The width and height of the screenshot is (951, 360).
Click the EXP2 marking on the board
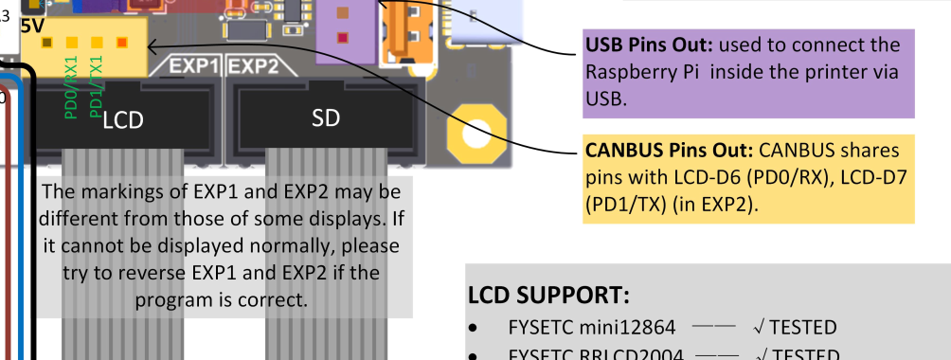click(x=254, y=67)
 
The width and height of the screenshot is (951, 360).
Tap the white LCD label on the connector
click(x=122, y=119)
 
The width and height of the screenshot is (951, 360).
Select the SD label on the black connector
click(x=325, y=117)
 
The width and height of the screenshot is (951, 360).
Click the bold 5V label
click(x=31, y=26)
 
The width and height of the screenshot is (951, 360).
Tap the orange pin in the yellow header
click(x=121, y=42)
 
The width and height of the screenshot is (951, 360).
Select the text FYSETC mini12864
click(x=592, y=328)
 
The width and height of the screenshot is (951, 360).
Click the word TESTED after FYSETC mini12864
click(x=803, y=328)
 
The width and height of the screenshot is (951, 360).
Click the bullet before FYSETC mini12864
click(x=474, y=328)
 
